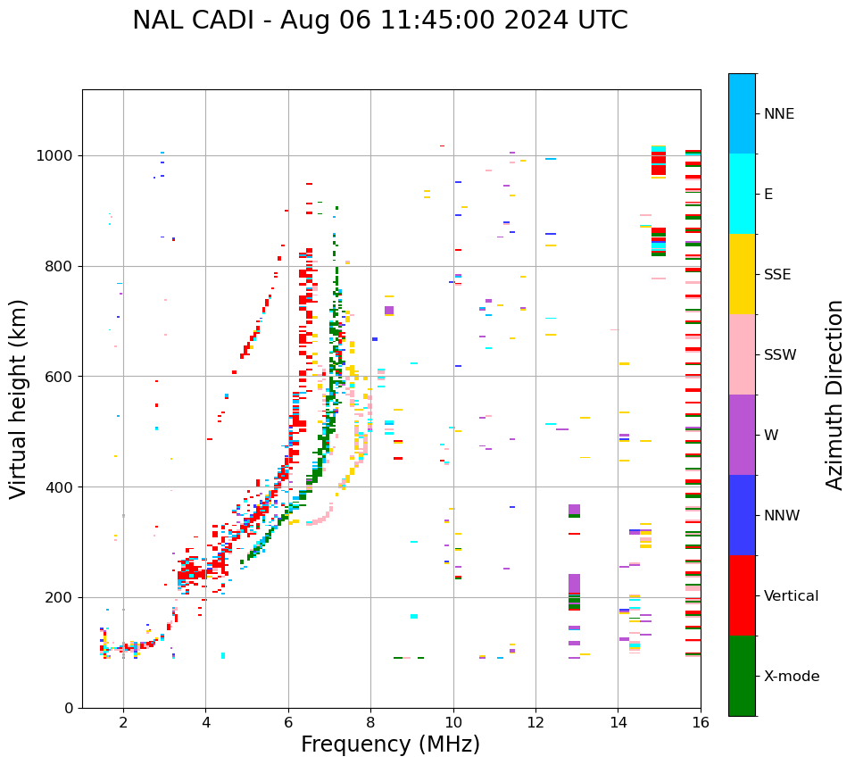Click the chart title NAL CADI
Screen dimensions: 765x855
[x=379, y=21]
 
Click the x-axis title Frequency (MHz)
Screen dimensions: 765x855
[x=390, y=744]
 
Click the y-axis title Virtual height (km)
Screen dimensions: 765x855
[x=19, y=398]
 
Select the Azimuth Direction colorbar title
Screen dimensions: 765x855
[x=834, y=394]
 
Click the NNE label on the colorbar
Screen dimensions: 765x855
[x=778, y=114]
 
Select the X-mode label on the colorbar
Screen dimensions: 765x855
[x=791, y=677]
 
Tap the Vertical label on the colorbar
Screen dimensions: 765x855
[x=791, y=596]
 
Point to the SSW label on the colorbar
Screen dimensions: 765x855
[x=780, y=355]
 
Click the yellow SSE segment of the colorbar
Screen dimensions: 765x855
[x=742, y=274]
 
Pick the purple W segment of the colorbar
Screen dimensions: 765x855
[x=742, y=435]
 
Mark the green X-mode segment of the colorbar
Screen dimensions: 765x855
[x=742, y=676]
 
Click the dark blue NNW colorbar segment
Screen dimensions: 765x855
[x=742, y=515]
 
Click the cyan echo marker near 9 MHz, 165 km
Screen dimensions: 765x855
[x=414, y=616]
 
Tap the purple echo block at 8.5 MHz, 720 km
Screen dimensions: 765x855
[x=389, y=310]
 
